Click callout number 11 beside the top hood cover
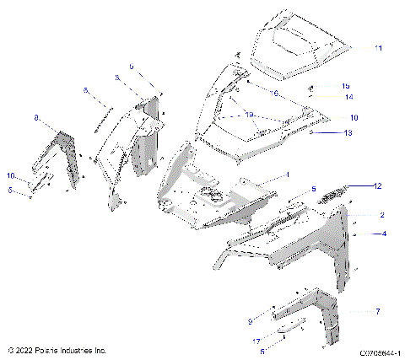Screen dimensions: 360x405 click(x=378, y=48)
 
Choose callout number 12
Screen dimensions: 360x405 click(x=378, y=185)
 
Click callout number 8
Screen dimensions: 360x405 click(x=36, y=121)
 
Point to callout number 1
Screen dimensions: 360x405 click(x=287, y=174)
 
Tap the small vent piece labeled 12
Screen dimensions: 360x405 click(x=329, y=192)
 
